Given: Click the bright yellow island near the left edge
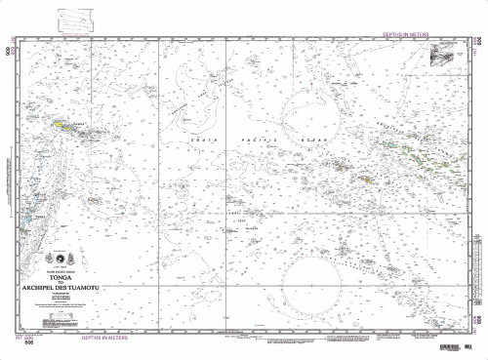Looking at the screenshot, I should pos(61,125).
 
